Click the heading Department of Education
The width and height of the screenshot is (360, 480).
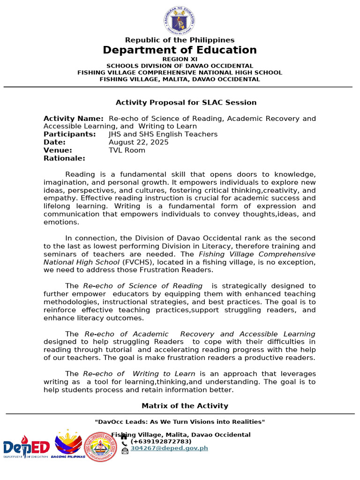[180, 50]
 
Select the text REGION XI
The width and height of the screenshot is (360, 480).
[180, 59]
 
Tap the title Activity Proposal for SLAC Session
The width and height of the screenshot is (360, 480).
[186, 102]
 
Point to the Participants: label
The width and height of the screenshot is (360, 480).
[69, 134]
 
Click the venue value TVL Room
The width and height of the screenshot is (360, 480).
[127, 150]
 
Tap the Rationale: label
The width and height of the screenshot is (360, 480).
[64, 158]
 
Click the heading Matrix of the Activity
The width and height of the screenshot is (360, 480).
[185, 405]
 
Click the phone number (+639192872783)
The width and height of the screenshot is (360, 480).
[161, 442]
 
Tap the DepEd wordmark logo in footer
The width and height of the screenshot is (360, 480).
[26, 449]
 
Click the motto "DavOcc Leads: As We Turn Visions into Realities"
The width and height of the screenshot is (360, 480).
[180, 422]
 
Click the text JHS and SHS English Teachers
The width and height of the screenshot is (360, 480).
[163, 134]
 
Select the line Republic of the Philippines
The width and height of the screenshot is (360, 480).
[180, 40]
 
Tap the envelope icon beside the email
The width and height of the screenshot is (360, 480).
[125, 450]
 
